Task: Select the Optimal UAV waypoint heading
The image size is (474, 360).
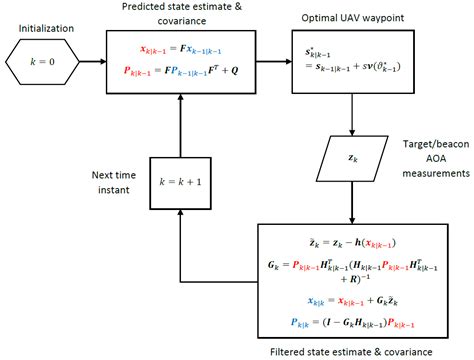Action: pos(344,19)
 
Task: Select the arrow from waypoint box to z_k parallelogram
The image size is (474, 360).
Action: pos(354,117)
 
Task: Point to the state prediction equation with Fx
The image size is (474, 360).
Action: pos(180,49)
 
